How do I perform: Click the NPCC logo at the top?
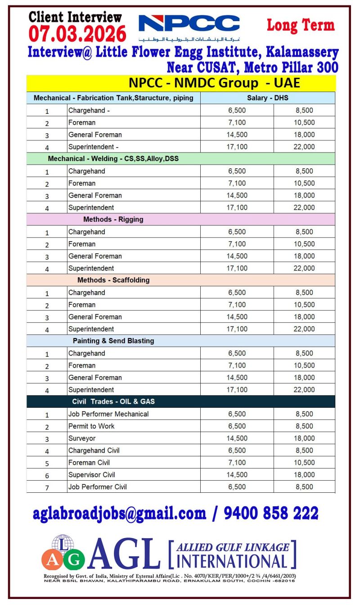189,23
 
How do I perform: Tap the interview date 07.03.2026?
77,34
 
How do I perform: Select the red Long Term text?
301,25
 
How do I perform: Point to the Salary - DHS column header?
267,98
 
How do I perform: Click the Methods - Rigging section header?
113,219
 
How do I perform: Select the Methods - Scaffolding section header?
113,280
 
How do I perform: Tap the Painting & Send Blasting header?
113,341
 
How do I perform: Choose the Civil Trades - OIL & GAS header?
113,401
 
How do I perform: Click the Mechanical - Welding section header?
113,158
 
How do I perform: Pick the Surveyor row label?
82,438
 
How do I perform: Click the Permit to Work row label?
91,426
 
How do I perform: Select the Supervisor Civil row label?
92,475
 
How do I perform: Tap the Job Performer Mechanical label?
108,414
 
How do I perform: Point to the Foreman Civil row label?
89,463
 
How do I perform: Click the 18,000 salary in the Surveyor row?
304,438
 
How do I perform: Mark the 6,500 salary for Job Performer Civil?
237,487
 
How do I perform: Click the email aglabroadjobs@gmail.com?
119,513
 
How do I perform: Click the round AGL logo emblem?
63,553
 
